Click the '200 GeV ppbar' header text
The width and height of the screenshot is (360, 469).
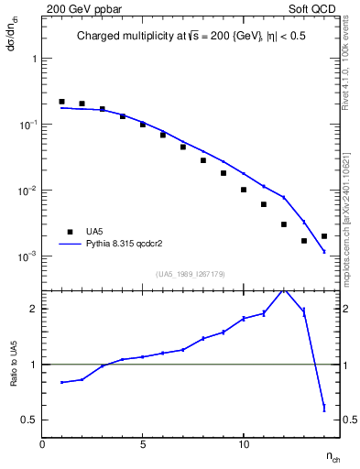(x=79, y=7)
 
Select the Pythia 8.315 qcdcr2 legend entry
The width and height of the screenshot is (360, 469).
(x=128, y=245)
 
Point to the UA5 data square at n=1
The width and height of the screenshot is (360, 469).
(x=61, y=102)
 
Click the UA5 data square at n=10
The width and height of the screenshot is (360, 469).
(x=244, y=190)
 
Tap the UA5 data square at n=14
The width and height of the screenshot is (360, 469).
(x=324, y=236)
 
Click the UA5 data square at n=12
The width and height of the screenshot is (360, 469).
(x=284, y=224)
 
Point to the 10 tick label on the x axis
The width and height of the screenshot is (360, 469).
(x=244, y=444)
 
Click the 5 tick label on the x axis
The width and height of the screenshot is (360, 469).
(x=143, y=444)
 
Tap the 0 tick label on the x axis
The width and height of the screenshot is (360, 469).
(x=42, y=444)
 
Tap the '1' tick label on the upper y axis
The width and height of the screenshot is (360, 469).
(x=34, y=58)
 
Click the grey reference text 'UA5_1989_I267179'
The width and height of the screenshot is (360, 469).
(x=190, y=274)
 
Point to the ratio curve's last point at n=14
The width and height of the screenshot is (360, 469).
(x=324, y=407)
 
